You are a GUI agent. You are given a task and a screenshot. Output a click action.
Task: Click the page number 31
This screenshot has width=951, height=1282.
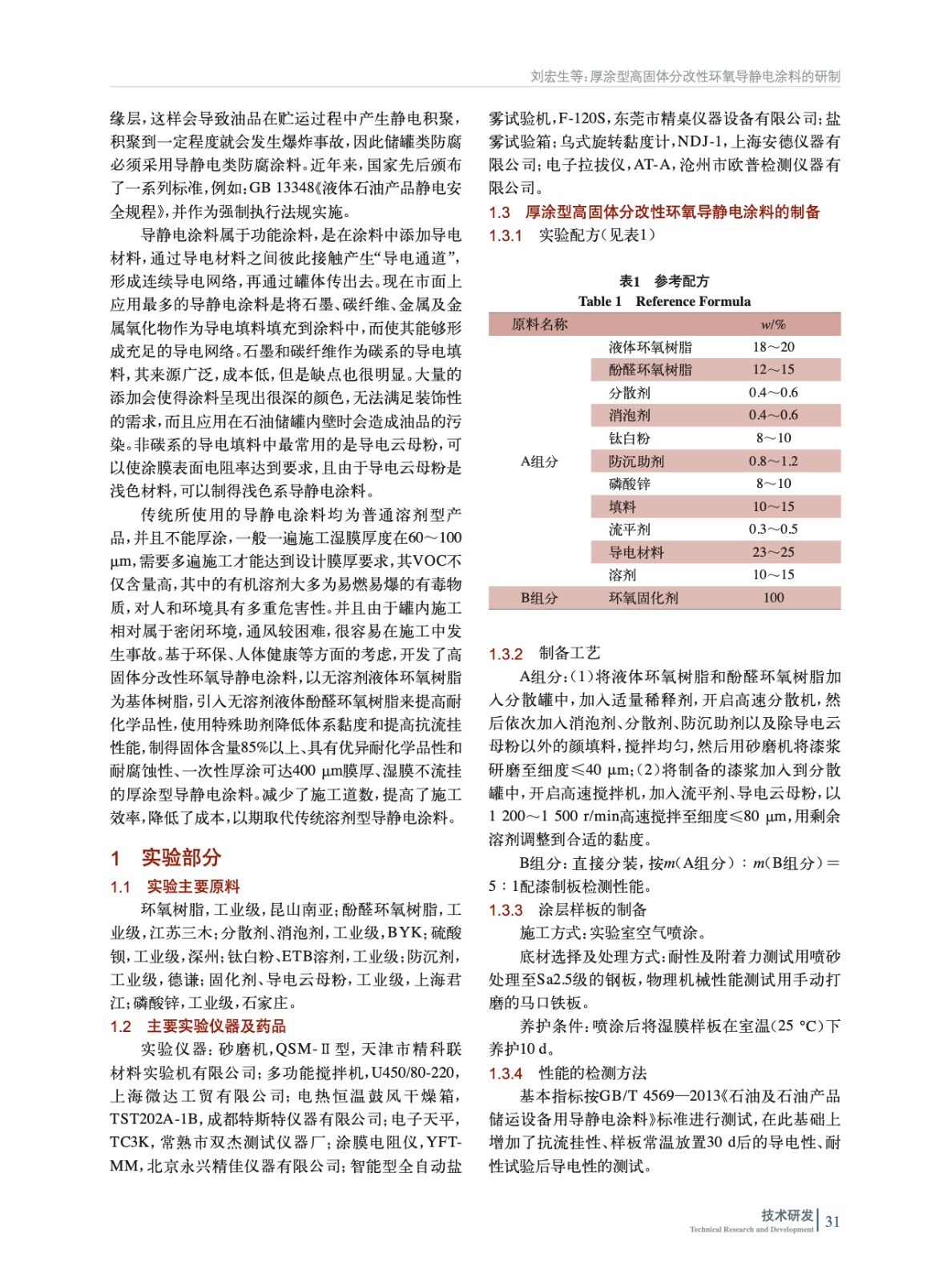[x=832, y=1221]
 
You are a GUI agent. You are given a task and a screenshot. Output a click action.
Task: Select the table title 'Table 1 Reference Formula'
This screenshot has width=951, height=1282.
[x=664, y=301]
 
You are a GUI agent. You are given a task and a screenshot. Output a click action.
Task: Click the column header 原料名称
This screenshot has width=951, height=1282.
[x=539, y=325]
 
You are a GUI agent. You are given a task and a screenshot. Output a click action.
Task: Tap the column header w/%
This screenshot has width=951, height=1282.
[x=773, y=325]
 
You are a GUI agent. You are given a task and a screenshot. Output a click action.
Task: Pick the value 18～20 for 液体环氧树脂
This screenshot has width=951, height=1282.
[x=773, y=347]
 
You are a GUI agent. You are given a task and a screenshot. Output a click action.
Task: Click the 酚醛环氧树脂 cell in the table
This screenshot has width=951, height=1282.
[x=650, y=369]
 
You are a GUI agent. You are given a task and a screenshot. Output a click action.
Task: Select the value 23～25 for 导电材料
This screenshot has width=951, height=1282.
[x=773, y=552]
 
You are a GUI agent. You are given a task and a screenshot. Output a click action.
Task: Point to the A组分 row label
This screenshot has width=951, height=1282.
[x=539, y=461]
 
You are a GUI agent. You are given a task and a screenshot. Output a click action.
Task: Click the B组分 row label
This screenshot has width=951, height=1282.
[x=539, y=598]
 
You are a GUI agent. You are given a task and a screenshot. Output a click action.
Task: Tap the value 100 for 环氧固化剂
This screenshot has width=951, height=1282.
[x=773, y=598]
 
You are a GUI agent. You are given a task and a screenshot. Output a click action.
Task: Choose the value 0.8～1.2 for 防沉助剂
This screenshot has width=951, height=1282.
[x=773, y=461]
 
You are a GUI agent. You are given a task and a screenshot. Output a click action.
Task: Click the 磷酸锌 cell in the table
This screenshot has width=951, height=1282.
[x=630, y=484]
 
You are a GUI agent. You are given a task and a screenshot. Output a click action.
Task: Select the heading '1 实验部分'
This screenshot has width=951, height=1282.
[x=166, y=857]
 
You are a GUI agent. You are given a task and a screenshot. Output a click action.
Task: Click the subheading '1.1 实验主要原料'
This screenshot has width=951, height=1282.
[x=175, y=887]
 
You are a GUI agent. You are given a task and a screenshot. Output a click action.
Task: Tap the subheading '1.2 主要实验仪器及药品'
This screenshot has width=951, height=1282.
[x=198, y=1026]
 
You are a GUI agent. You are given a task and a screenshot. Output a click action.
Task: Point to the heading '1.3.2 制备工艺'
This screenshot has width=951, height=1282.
[x=545, y=654]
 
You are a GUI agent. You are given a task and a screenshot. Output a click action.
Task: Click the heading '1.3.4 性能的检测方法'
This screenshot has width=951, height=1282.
[x=567, y=1073]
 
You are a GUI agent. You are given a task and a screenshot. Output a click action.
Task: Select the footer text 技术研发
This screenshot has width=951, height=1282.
[x=787, y=1215]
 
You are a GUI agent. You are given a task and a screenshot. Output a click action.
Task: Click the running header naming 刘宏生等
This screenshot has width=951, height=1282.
[x=685, y=76]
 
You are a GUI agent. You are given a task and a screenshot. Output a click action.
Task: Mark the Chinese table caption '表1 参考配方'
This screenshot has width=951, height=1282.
[x=663, y=281]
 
